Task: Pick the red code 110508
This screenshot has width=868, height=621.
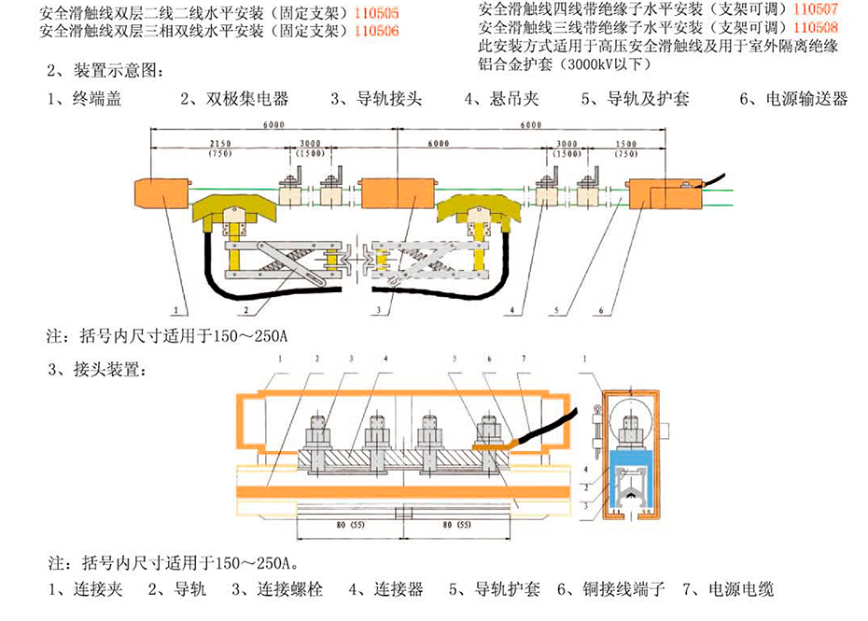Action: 814,27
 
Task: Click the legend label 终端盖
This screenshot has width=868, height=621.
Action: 92,98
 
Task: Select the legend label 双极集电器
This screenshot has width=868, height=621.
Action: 244,98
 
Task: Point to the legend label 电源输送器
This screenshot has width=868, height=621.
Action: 805,98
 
